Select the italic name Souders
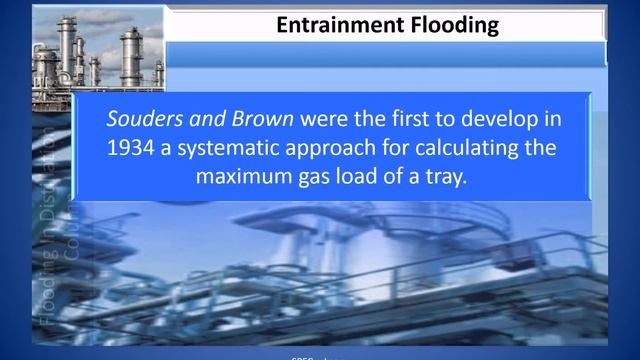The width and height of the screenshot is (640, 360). (141, 119)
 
